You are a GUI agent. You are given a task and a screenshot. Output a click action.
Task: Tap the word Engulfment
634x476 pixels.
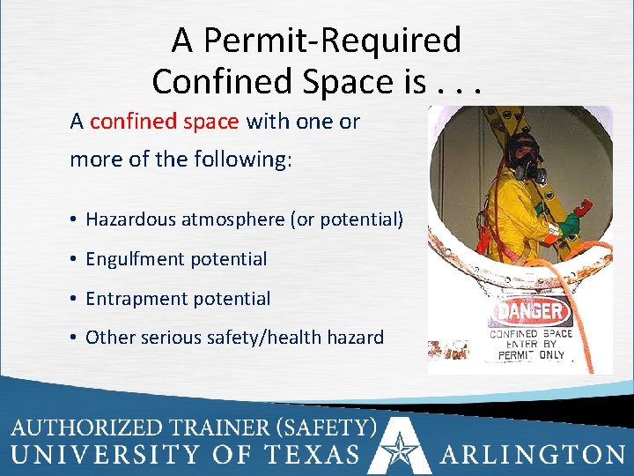(132, 259)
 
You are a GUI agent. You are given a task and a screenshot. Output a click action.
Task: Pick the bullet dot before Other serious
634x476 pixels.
(75, 338)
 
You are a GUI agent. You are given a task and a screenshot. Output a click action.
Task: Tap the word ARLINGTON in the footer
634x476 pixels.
(533, 456)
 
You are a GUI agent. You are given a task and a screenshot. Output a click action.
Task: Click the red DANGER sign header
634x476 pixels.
(530, 310)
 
